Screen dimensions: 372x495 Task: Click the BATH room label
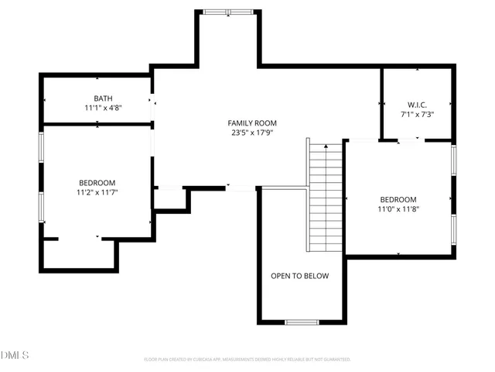[103, 98]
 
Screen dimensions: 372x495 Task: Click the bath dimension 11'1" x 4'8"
[103, 109]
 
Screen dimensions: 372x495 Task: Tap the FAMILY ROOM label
[251, 123]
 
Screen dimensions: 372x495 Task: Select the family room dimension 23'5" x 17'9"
[251, 133]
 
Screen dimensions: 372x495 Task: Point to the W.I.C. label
[417, 105]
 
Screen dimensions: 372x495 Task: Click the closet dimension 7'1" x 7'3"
[417, 115]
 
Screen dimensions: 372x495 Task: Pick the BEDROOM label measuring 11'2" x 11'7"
[97, 182]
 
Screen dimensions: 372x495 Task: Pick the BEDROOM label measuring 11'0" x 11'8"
[398, 199]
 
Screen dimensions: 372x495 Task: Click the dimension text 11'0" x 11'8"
[398, 209]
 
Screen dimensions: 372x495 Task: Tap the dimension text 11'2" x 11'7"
[97, 192]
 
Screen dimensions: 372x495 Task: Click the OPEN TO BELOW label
[299, 276]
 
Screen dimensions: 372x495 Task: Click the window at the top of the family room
[227, 12]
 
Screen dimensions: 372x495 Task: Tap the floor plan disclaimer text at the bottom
[247, 360]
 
